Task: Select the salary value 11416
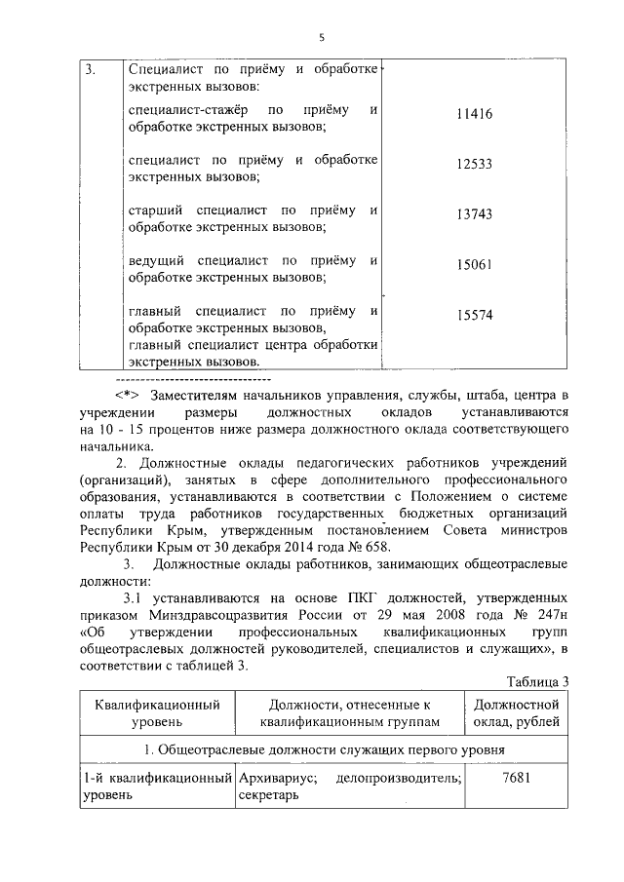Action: pos(475,114)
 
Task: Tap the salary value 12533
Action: pos(475,166)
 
